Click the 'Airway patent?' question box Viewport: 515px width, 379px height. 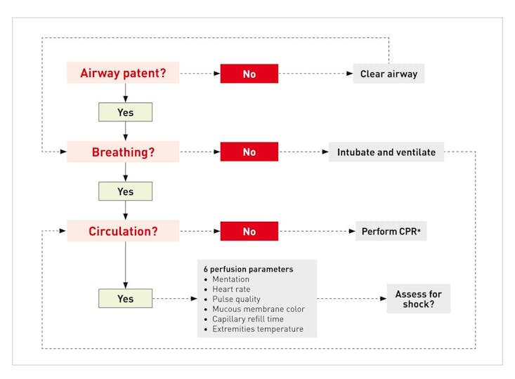click(123, 72)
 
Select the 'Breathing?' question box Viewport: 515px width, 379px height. click(123, 152)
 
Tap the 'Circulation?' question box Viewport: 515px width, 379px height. click(123, 231)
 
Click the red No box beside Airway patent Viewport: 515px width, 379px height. click(249, 74)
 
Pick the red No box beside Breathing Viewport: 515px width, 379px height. click(249, 152)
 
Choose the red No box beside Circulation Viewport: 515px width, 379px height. click(249, 232)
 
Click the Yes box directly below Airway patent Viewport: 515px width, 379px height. click(126, 112)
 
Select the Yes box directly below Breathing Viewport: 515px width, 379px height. click(126, 192)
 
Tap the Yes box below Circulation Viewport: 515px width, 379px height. click(126, 298)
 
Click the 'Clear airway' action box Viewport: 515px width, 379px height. click(389, 74)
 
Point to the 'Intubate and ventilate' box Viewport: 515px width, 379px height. click(386, 152)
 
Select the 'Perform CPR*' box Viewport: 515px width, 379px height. click(391, 232)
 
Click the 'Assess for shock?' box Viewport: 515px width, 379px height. click(419, 298)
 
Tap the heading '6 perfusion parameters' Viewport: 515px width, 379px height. click(248, 269)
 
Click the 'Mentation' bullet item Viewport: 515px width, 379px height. click(231, 279)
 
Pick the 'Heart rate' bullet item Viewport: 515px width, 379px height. click(231, 289)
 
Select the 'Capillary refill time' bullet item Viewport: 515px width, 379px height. click(248, 319)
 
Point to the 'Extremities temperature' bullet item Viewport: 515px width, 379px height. click(258, 328)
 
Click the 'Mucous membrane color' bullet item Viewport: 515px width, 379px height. click(259, 309)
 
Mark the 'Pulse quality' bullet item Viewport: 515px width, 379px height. click(237, 299)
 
